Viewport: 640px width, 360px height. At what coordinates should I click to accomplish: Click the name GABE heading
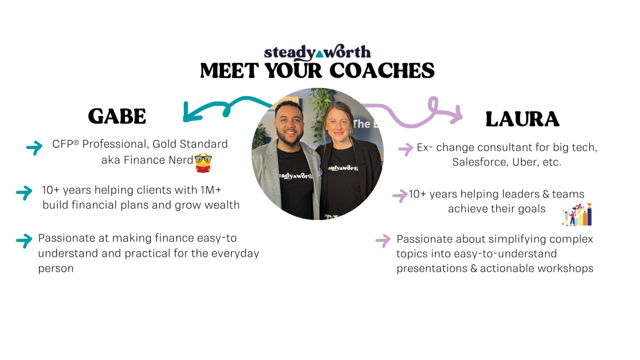[x=117, y=116]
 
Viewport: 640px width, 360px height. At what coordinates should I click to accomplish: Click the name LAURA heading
[x=522, y=119]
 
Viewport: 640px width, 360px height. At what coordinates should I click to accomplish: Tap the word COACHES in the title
[x=382, y=71]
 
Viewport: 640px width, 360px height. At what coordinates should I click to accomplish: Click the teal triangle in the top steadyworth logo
[x=320, y=54]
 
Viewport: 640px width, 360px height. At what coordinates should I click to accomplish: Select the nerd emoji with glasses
[x=203, y=163]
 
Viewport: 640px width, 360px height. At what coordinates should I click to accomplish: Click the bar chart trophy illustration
[x=577, y=214]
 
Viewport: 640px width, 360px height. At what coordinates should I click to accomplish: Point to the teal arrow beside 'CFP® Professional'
[x=34, y=148]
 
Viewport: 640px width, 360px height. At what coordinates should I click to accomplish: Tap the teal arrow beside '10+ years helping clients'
[x=24, y=193]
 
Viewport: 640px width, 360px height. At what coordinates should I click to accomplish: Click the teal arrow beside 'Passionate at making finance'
[x=24, y=241]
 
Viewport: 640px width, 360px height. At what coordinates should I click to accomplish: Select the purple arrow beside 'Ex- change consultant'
[x=406, y=149]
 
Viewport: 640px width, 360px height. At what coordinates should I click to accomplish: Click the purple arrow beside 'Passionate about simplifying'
[x=383, y=241]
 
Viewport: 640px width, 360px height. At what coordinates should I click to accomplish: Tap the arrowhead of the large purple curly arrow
[x=456, y=115]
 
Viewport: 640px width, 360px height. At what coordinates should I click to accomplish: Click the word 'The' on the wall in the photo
[x=361, y=124]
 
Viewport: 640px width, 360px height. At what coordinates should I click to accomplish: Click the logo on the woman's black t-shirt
[x=343, y=168]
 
